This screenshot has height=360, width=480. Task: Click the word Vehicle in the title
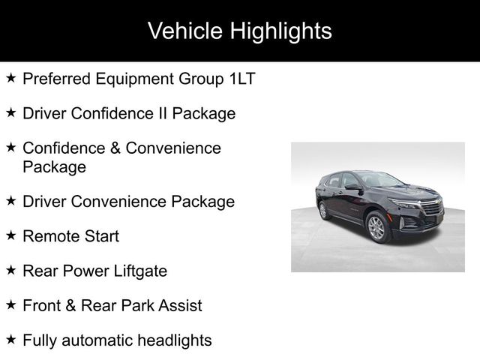(185, 31)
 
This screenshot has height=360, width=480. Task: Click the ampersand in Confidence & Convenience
(115, 148)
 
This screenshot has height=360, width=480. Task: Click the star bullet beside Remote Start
(10, 235)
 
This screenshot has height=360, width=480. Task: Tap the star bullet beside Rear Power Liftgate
(10, 270)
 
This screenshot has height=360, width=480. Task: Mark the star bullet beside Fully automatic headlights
(10, 339)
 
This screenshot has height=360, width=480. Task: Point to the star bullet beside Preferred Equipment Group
(10, 78)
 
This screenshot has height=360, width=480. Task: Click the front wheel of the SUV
(376, 227)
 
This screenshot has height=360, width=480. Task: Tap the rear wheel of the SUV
(323, 210)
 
